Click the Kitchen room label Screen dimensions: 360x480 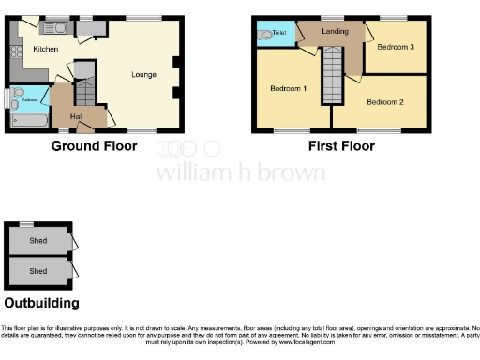[46, 49]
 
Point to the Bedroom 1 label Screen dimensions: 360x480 [289, 88]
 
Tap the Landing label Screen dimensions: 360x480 [336, 32]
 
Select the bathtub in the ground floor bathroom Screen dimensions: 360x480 [31, 119]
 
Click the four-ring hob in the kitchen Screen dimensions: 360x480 [16, 52]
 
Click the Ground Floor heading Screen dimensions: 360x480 [94, 146]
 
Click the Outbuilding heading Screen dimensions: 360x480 [41, 303]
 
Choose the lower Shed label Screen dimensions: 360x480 [38, 271]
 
